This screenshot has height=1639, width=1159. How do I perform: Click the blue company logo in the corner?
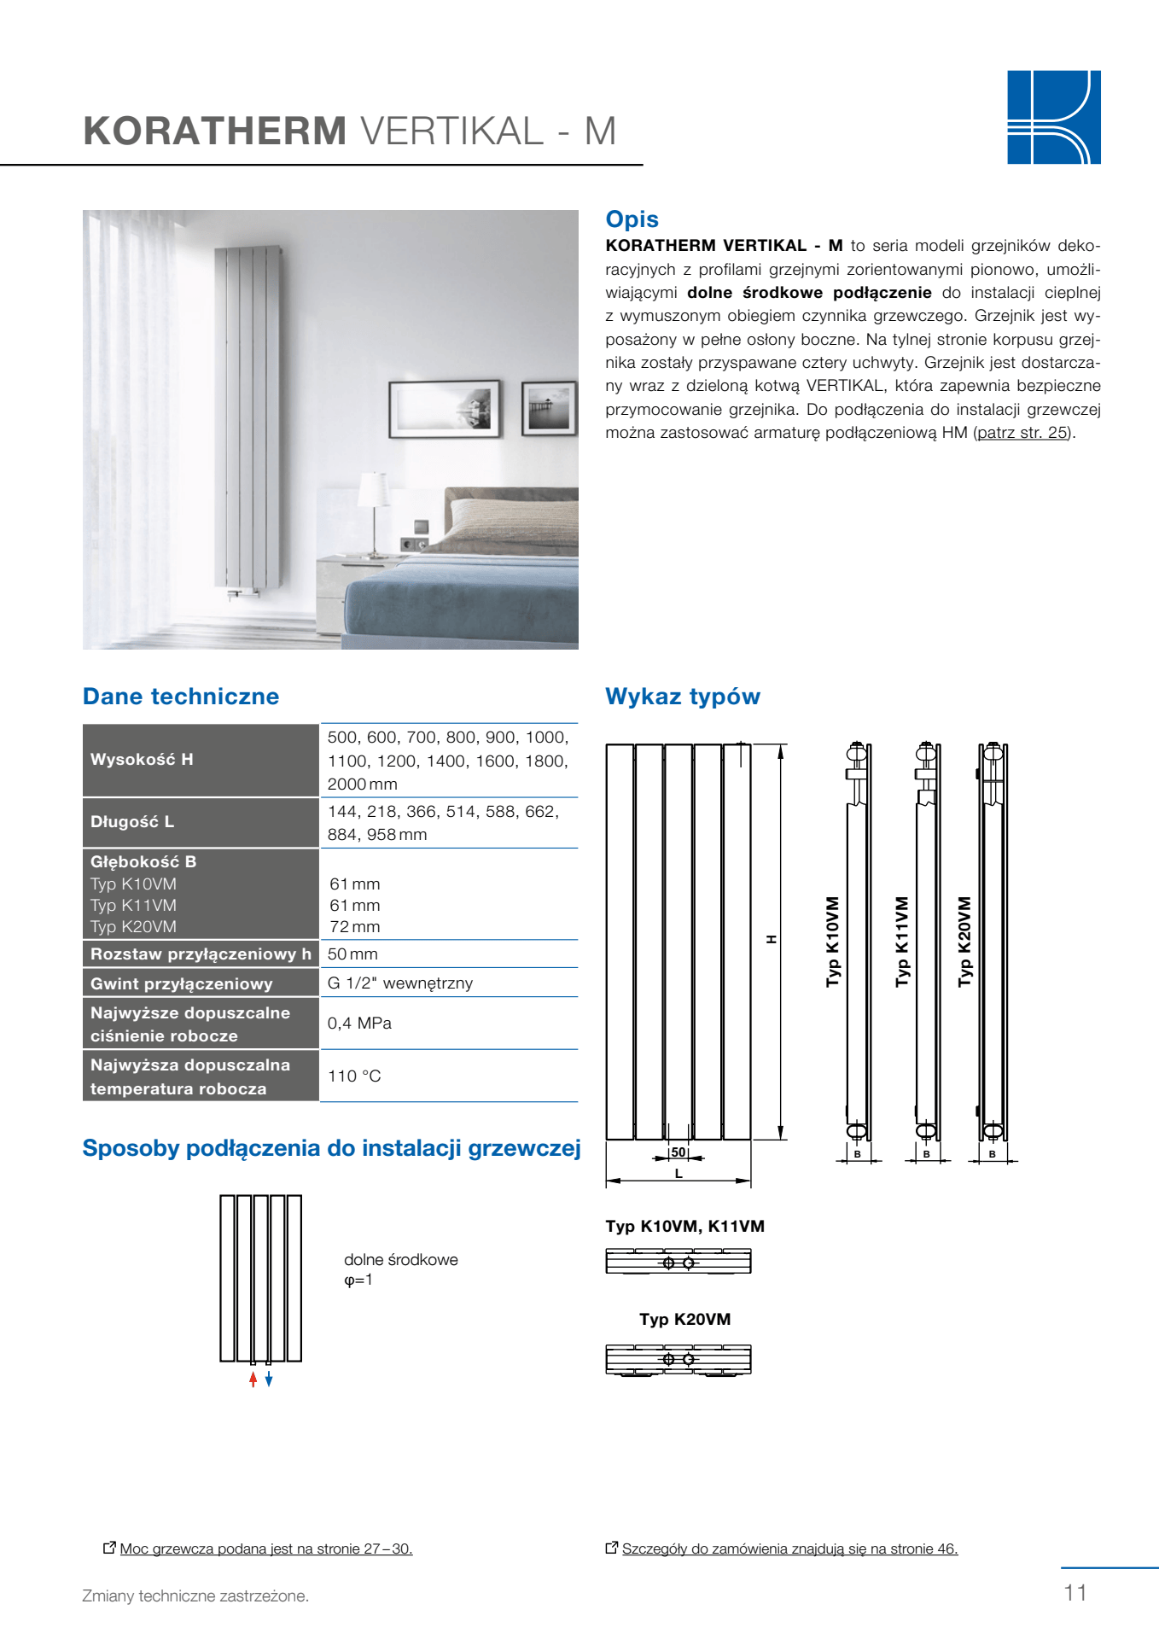coord(1053,117)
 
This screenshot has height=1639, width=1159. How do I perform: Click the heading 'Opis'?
coord(632,219)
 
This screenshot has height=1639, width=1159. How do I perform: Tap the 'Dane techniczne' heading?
coord(181,697)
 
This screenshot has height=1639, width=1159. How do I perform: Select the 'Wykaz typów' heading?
coord(682,697)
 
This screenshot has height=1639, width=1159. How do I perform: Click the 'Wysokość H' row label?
coord(142,759)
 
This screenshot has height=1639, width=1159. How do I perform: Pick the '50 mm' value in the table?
coord(352,954)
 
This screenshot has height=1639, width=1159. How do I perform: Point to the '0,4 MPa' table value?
coord(359,1023)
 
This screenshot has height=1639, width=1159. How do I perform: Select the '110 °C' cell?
coord(354,1076)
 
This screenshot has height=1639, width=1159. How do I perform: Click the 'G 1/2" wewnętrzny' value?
coord(399,983)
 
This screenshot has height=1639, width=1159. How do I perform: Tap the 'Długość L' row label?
coord(132,822)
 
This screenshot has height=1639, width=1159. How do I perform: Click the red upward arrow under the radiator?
coord(253,1379)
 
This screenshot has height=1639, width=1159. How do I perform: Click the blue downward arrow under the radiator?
coord(269,1379)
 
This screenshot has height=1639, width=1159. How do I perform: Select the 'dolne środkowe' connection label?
coord(400,1260)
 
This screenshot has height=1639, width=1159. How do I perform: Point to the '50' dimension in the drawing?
coord(679,1152)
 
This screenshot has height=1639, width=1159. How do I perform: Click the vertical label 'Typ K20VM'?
coord(964,942)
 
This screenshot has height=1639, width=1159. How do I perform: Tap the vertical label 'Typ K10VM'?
coord(833,942)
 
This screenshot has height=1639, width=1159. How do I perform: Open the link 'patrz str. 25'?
coord(1022,433)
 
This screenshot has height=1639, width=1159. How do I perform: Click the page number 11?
coord(1075,1593)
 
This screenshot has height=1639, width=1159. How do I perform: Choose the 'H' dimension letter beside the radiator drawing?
coord(772,939)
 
